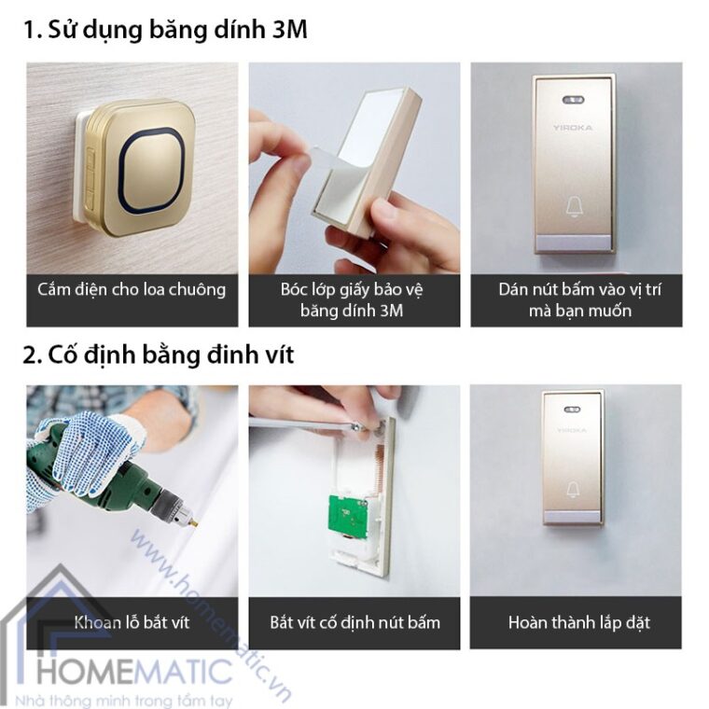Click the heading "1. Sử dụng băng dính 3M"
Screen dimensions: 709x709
click(x=165, y=31)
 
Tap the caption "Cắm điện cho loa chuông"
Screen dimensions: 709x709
click(x=132, y=289)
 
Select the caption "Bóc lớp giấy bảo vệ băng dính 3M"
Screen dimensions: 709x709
click(x=354, y=299)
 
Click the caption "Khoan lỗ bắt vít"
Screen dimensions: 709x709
click(x=132, y=621)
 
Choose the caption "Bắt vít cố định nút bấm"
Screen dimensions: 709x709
click(x=354, y=621)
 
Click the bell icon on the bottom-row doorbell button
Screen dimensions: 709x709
click(x=573, y=489)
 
